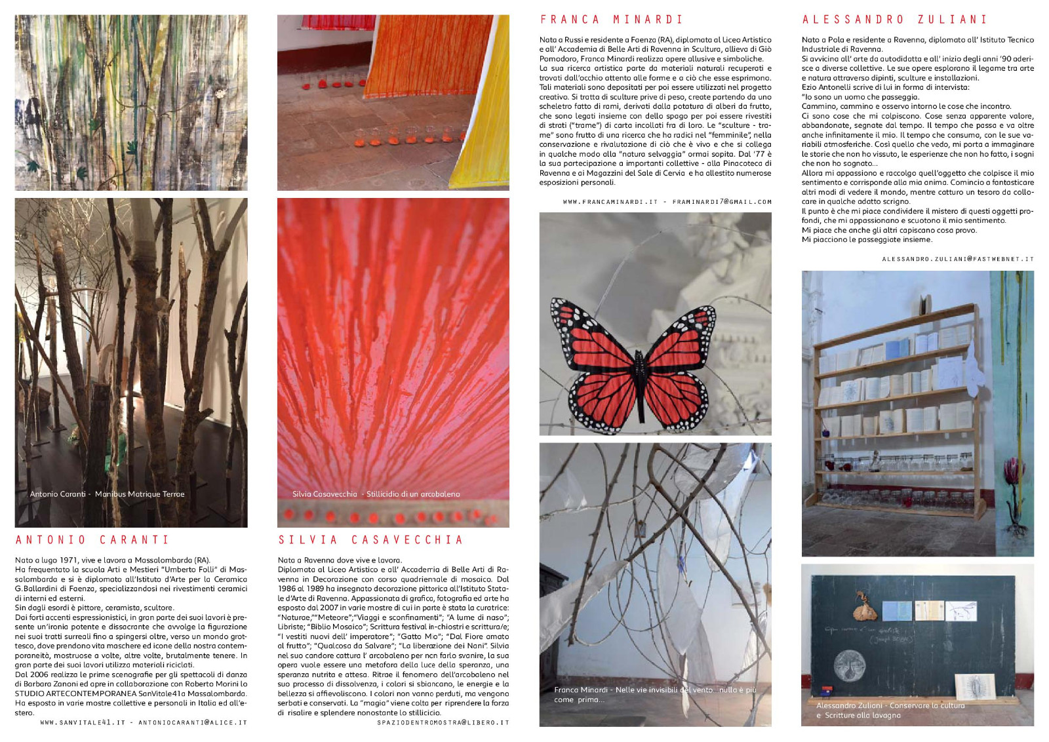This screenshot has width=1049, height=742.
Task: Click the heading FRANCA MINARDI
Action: pos(611,20)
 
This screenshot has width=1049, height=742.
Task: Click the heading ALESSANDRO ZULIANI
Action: pos(895,20)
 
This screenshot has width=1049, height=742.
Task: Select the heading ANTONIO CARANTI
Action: pos(92,540)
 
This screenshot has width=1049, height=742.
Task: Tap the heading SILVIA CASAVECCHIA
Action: pos(371,540)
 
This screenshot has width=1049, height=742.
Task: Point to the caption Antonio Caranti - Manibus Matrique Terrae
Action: pos(107,494)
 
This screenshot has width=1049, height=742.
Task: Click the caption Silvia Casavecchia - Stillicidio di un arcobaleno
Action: pos(376,494)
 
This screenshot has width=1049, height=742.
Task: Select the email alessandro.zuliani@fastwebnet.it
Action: pos(957,260)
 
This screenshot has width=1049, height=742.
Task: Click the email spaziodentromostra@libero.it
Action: pos(443,723)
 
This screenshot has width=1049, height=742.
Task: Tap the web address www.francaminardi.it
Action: pos(610,202)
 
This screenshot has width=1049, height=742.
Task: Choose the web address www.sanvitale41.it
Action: pos(83,723)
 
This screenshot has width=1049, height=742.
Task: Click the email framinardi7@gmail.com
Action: pos(722,202)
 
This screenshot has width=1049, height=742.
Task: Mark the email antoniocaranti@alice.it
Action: pos(193,723)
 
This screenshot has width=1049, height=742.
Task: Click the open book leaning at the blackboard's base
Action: pos(974,687)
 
